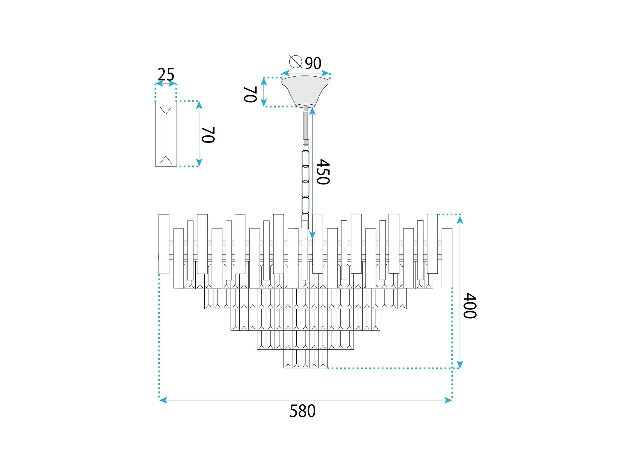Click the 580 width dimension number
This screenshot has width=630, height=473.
tap(302, 411)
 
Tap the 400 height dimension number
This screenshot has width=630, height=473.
tap(470, 306)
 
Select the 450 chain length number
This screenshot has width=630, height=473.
tap(323, 172)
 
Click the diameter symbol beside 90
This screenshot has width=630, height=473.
tap(295, 61)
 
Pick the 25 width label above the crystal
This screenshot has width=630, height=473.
tap(166, 75)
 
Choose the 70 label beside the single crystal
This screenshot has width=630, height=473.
tap(208, 135)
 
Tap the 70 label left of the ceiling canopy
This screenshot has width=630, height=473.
tap(250, 94)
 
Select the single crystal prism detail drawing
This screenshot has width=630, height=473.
tap(166, 134)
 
